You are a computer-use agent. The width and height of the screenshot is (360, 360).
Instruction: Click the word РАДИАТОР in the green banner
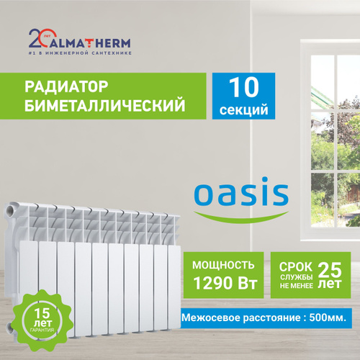pyautogui.click(x=66, y=86)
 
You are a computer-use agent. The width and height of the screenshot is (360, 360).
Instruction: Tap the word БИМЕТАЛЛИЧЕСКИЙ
pyautogui.click(x=105, y=105)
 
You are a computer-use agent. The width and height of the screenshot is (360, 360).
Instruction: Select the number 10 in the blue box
pyautogui.click(x=243, y=88)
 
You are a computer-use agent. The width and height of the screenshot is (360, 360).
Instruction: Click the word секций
pyautogui.click(x=243, y=110)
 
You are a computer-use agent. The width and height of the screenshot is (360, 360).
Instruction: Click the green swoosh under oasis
pyautogui.click(x=241, y=218)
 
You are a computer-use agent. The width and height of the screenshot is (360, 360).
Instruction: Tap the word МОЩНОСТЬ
pyautogui.click(x=223, y=265)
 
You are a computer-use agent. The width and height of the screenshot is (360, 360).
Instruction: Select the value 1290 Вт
pyautogui.click(x=225, y=283)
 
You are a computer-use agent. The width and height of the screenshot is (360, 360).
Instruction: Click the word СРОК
pyautogui.click(x=296, y=267)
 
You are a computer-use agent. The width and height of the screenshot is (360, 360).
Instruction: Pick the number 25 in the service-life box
pyautogui.click(x=330, y=270)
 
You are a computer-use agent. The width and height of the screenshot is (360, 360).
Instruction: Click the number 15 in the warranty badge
pyautogui.click(x=42, y=313)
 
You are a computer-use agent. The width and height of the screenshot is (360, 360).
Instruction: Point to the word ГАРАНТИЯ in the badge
pyautogui.click(x=42, y=330)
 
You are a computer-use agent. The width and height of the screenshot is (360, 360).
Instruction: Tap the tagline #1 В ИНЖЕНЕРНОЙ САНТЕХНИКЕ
pyautogui.click(x=80, y=53)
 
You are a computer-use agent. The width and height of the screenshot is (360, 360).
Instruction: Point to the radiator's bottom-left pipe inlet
pyautogui.click(x=11, y=328)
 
